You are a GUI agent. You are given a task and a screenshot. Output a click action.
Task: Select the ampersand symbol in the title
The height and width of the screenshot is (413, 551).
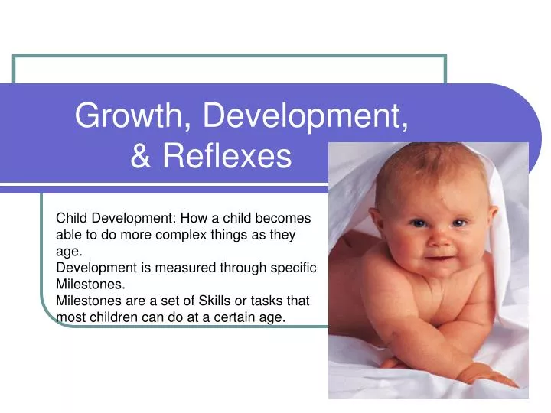coord(141,155)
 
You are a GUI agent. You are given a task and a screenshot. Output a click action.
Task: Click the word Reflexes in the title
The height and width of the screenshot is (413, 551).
coord(227,155)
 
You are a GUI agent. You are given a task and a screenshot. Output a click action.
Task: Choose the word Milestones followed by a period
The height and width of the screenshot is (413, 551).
coord(90,284)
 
